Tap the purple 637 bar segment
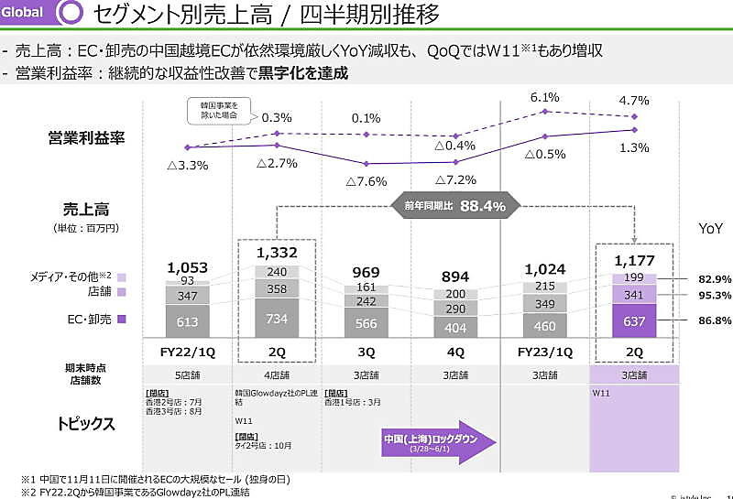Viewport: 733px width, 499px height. (634, 320)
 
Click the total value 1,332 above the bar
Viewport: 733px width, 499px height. (277, 252)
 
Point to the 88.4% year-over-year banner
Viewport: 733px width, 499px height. (455, 206)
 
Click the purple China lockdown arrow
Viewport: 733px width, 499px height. (438, 443)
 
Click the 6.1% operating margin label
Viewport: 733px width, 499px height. (544, 98)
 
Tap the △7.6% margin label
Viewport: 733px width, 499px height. (366, 180)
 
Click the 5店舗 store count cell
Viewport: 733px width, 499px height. (188, 374)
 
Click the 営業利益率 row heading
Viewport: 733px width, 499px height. (86, 138)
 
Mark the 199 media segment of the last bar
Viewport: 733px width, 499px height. (634, 277)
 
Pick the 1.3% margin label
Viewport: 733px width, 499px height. (634, 148)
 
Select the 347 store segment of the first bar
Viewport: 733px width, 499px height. (188, 296)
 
